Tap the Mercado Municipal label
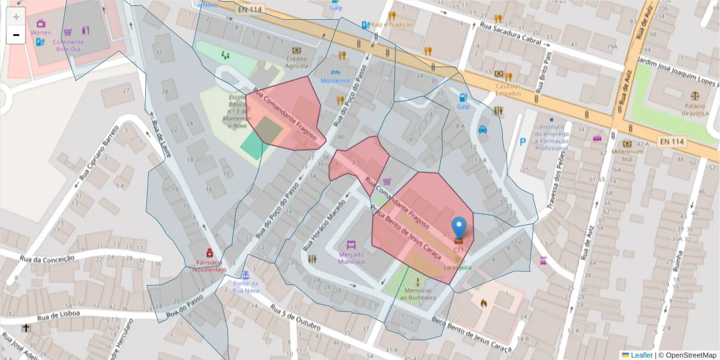click(351, 257)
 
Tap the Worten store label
click(41, 32)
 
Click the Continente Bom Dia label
click(68, 45)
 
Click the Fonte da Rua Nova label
click(245, 287)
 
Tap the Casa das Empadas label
click(508, 89)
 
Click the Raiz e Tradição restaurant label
click(392, 25)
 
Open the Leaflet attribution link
click(641, 355)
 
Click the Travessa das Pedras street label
click(557, 181)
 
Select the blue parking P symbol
click(523, 142)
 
